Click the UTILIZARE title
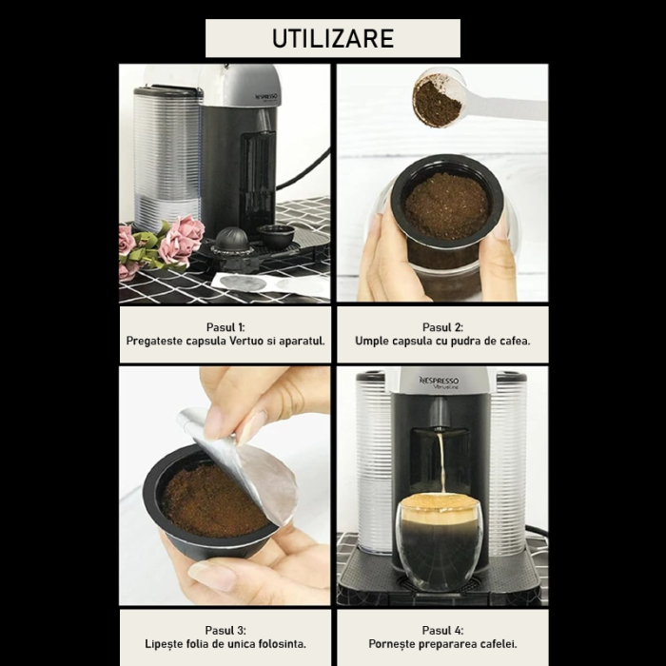coord(332,38)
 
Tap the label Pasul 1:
coord(225,326)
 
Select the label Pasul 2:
coord(442,326)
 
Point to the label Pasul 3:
coord(225,630)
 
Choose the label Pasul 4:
coord(442,630)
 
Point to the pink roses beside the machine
coord(176,242)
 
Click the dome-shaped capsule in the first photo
coord(231,240)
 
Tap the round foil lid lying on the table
coord(248,283)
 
